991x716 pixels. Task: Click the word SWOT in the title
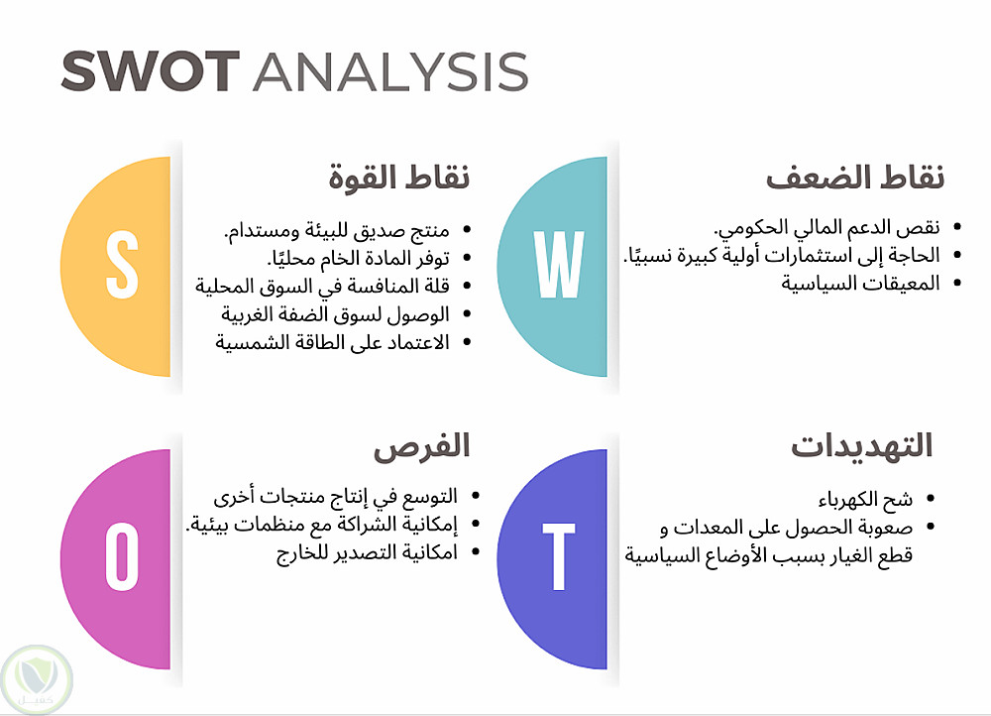pos(151,71)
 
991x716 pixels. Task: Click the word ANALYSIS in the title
pos(390,71)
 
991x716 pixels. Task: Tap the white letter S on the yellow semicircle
pos(121,265)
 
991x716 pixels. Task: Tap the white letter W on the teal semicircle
pos(559,264)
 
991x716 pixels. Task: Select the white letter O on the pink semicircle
pos(121,556)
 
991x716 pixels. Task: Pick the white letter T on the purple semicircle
pos(559,556)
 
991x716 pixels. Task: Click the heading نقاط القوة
pos(398,178)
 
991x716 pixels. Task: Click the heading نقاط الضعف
pos(855,178)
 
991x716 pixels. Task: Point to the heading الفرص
pos(421,447)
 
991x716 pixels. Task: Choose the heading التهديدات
pos(862,446)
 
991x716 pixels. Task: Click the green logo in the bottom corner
pos(37,680)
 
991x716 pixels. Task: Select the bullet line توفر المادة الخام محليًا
pos(359,258)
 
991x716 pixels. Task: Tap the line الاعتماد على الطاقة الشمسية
pos(332,342)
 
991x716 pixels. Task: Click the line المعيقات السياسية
pos(861,284)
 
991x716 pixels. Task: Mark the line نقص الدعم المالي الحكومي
pos(826,227)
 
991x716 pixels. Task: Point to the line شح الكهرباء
pos(865,500)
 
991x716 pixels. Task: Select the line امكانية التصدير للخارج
pos(368,553)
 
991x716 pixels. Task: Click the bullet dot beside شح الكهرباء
pos(931,499)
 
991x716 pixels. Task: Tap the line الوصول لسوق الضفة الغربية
pos(336,314)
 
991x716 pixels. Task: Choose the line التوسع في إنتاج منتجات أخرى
pos(336,497)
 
